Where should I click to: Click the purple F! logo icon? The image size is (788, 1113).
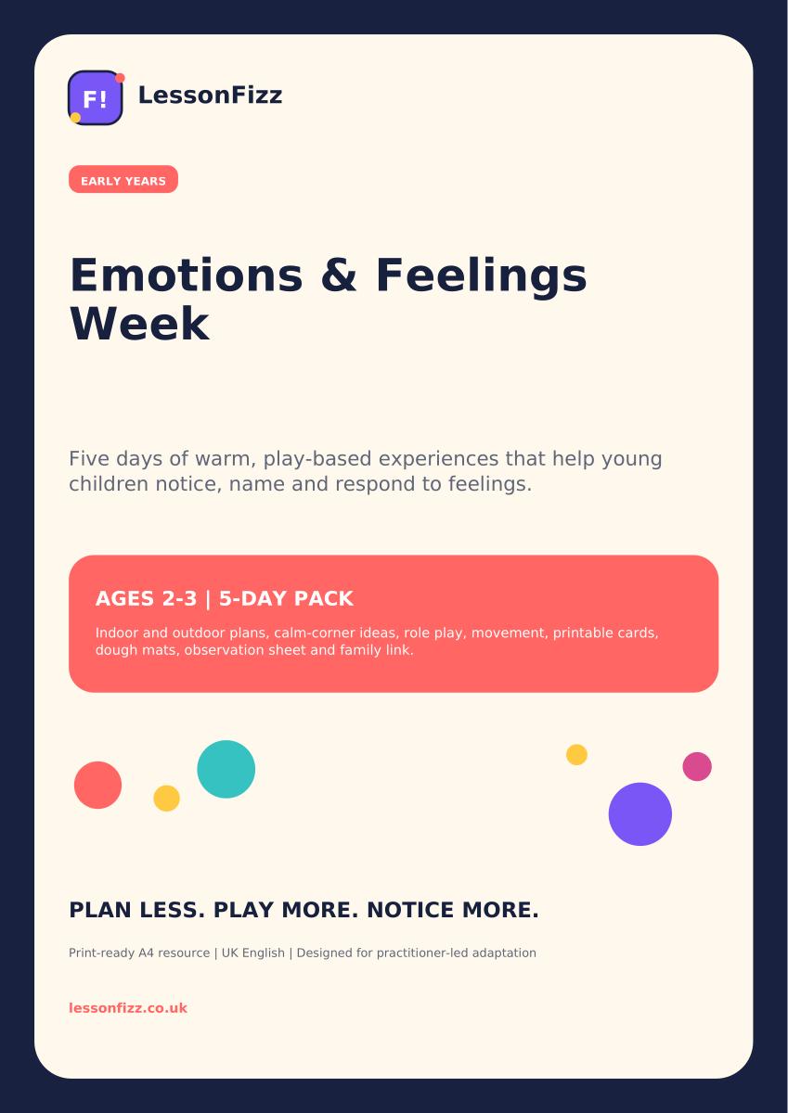click(95, 97)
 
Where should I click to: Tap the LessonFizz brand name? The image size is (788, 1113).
click(210, 96)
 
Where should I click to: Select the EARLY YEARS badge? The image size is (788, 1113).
click(123, 179)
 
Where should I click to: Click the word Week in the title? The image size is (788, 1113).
click(140, 324)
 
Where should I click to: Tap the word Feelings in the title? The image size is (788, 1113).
click(482, 276)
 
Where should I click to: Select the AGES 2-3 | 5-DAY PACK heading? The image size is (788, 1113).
click(225, 599)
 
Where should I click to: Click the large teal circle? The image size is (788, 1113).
click(226, 769)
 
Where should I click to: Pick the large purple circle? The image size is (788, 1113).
click(640, 814)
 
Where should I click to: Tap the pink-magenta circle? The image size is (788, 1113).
click(697, 767)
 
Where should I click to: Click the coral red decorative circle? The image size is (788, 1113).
click(98, 785)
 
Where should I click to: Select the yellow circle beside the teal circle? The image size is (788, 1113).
click(166, 799)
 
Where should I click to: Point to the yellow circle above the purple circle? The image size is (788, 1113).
click(576, 755)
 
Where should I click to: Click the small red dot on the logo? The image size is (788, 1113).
click(120, 78)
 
